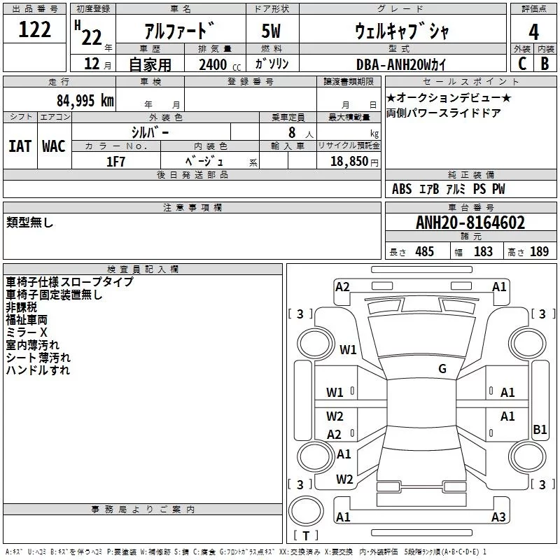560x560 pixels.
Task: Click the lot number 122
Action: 35,31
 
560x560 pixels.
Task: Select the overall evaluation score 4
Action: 534,32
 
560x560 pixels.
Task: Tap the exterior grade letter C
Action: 521,63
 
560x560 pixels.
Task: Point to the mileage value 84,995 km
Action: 85,100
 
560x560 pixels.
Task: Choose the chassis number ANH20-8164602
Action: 470,223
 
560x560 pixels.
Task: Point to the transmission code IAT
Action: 20,146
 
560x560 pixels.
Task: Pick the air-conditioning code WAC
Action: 54,146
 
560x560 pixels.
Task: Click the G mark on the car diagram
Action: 442,369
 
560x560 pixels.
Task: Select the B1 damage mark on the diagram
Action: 540,430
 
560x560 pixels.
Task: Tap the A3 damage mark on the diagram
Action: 498,517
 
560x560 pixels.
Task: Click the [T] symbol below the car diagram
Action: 306,536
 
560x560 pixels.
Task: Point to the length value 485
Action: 423,251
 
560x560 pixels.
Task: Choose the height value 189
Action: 539,251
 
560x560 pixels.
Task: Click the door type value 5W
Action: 273,32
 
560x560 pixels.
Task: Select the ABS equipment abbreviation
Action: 402,189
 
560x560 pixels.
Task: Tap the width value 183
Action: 483,251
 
